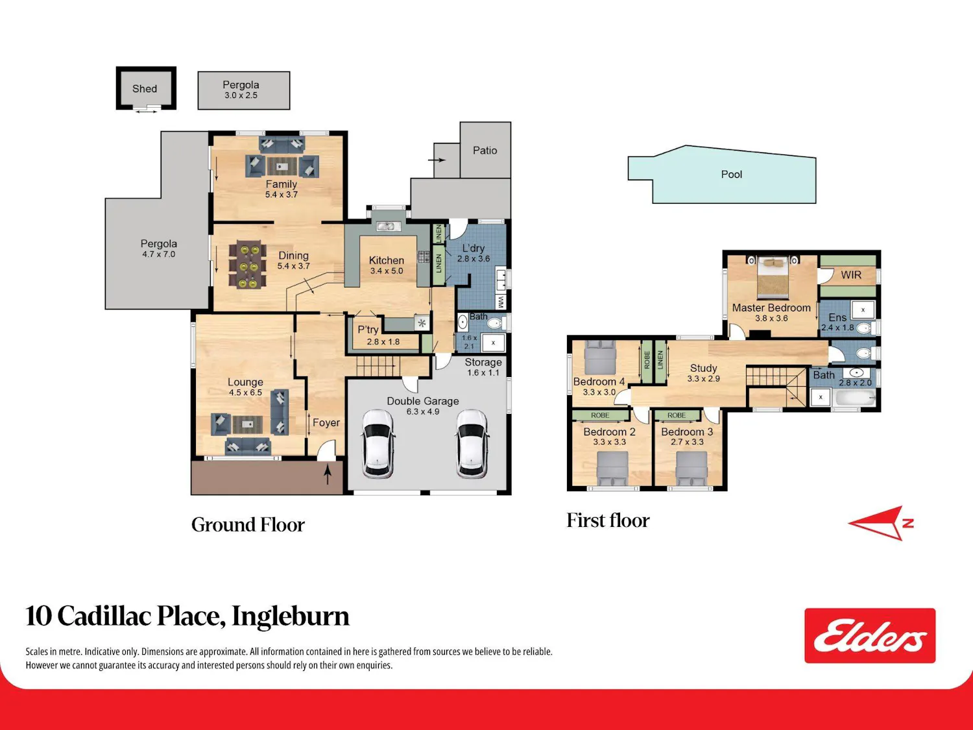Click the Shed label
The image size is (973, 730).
click(x=145, y=89)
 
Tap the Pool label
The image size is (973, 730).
click(x=732, y=174)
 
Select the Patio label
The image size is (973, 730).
click(x=485, y=151)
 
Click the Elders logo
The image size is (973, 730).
click(x=870, y=635)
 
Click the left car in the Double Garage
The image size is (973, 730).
click(x=378, y=444)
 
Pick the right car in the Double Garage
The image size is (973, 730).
click(x=472, y=444)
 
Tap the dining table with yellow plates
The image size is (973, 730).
click(x=248, y=265)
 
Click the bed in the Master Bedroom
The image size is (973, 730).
click(x=773, y=277)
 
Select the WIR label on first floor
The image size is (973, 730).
click(x=851, y=274)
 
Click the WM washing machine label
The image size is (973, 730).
click(x=501, y=302)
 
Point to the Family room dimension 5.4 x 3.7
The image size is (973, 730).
click(x=281, y=195)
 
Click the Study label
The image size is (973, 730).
click(x=704, y=368)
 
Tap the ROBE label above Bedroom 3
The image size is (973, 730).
click(x=677, y=415)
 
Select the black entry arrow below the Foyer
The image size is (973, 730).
click(x=328, y=474)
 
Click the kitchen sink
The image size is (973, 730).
click(x=389, y=226)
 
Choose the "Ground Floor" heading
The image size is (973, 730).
click(x=248, y=525)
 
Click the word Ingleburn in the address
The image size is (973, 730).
click(x=291, y=616)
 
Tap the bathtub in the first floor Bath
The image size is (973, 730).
click(x=855, y=398)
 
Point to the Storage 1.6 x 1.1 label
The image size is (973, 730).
click(x=483, y=367)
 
